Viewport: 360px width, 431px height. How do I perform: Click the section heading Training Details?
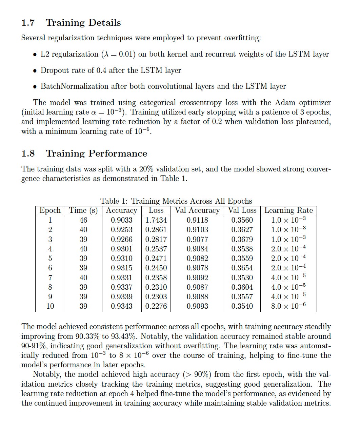(x=83, y=23)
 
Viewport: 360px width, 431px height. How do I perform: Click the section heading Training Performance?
(x=96, y=153)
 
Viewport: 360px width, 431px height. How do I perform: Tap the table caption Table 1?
(x=176, y=201)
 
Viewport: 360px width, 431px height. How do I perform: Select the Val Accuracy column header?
(x=197, y=210)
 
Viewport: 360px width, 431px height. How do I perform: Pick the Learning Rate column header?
(x=288, y=210)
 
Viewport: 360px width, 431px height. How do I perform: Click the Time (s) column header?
(x=83, y=210)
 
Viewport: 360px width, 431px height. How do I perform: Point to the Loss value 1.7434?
(x=156, y=220)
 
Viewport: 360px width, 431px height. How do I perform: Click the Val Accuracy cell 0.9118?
(x=197, y=220)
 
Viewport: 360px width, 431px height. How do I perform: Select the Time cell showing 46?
(x=83, y=220)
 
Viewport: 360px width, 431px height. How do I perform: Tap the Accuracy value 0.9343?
(x=122, y=306)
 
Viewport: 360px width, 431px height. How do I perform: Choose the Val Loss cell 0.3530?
(x=242, y=278)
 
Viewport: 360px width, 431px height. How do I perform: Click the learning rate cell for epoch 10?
(x=288, y=306)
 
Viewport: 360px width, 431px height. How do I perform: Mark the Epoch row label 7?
(x=50, y=278)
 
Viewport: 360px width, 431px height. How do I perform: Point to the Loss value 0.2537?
(x=156, y=249)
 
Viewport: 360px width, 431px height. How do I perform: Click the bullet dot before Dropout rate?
(x=35, y=71)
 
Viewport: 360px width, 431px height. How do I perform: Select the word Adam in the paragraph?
(x=286, y=102)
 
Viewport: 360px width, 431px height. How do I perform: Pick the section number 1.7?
(x=28, y=23)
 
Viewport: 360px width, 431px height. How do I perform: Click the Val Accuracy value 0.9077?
(x=197, y=239)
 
